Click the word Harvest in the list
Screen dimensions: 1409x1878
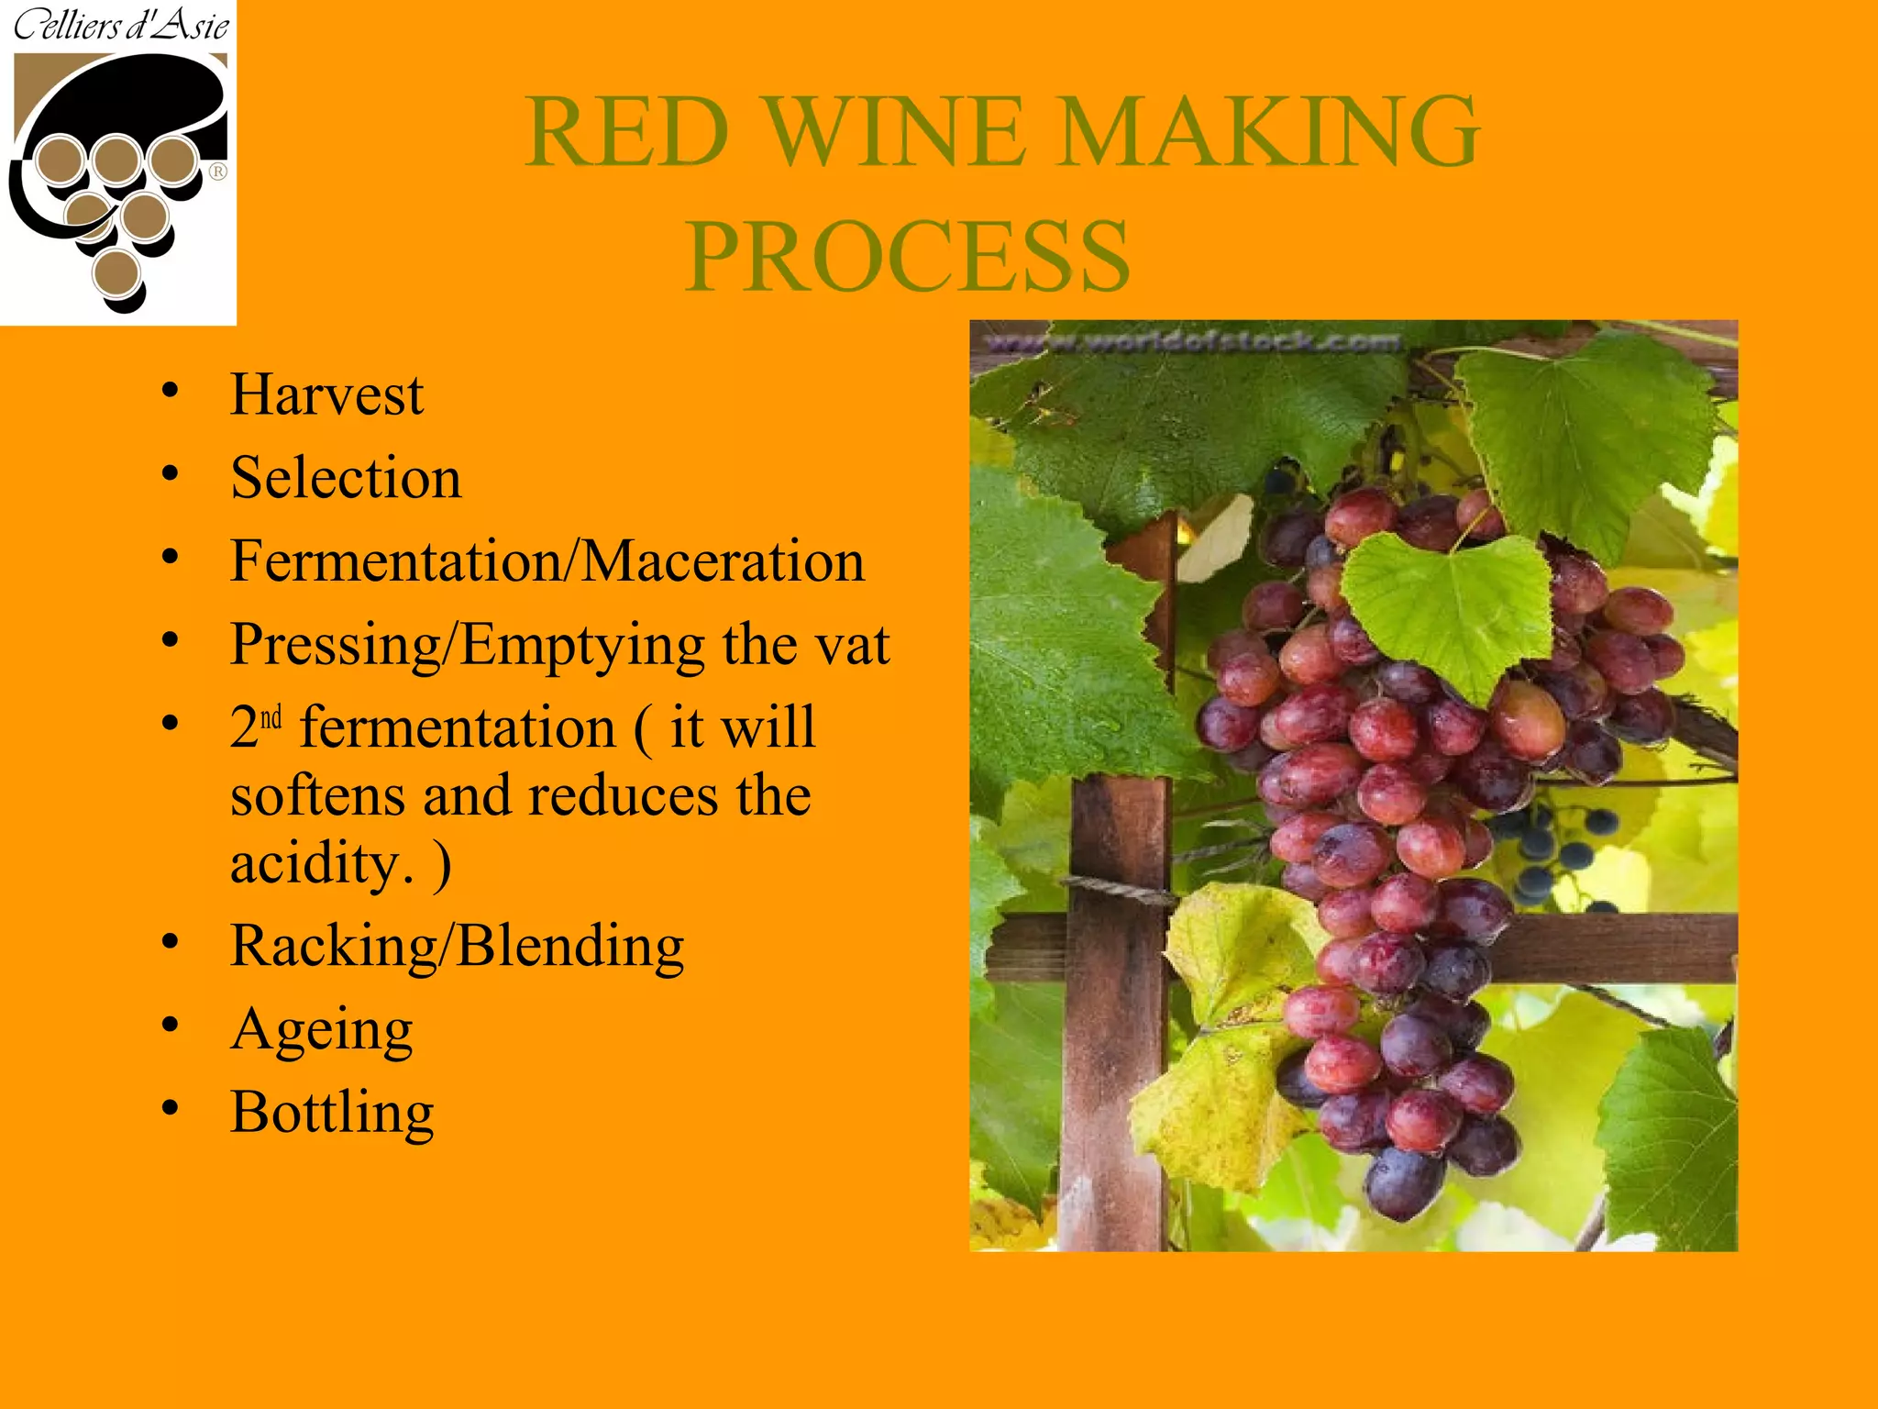(326, 395)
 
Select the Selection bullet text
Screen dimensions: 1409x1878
(346, 478)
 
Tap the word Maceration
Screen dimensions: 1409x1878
(724, 561)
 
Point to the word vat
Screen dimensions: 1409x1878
(853, 644)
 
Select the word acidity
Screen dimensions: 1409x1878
(315, 863)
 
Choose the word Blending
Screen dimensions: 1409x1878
(570, 947)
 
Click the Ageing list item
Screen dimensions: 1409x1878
(322, 1030)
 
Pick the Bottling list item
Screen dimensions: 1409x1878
(332, 1113)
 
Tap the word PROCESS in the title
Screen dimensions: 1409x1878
(908, 257)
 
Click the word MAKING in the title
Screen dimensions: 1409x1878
(1270, 132)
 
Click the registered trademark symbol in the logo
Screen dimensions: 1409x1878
(218, 172)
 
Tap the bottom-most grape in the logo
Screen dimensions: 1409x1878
(116, 272)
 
